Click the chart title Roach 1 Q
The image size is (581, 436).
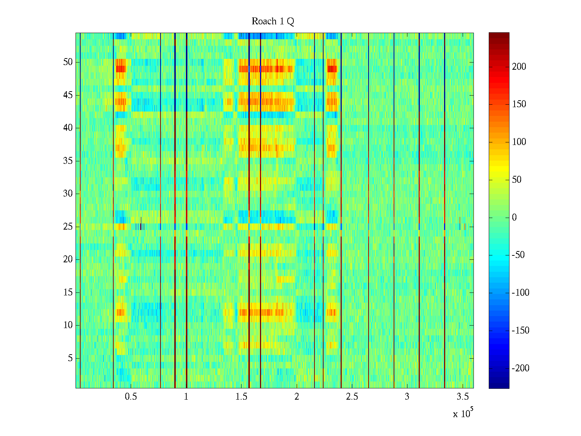coord(273,21)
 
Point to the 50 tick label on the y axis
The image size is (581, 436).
coord(68,62)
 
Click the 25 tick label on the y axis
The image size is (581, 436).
coord(68,227)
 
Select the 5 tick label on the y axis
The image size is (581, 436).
coord(70,358)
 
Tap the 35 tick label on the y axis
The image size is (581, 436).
coord(68,161)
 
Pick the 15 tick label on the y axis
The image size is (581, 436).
coord(68,292)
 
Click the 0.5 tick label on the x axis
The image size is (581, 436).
coord(131,396)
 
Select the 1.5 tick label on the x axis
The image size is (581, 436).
coord(241,396)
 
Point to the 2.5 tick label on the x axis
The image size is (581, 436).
coord(352,396)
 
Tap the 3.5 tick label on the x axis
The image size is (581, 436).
coord(462,396)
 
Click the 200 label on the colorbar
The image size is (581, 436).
coord(519,66)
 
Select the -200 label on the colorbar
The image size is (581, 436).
coord(520,368)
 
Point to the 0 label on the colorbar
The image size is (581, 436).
coord(514,218)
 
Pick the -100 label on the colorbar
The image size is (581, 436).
coord(520,293)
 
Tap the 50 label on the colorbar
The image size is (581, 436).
coord(517,180)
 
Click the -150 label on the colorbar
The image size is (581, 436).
coord(520,331)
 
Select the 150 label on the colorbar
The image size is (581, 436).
coord(519,104)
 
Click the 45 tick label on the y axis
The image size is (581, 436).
coord(68,95)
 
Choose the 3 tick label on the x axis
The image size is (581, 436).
coord(407,396)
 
